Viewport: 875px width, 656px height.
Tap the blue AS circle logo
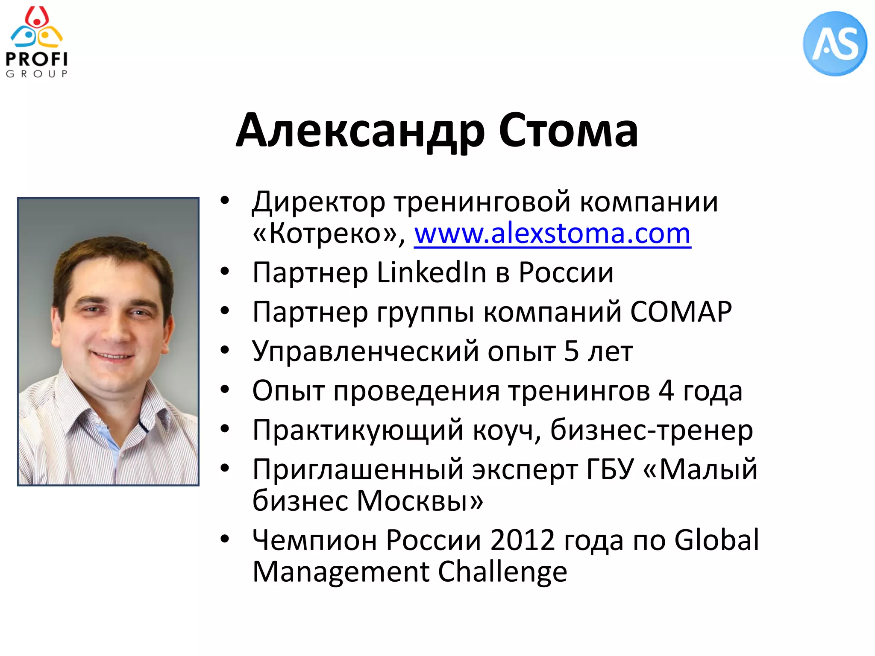pos(835,44)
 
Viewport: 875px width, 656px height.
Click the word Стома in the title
pos(568,130)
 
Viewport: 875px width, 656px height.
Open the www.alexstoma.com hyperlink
pos(552,234)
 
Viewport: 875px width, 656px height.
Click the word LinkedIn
pos(432,272)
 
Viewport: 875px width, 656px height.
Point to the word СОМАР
pos(681,312)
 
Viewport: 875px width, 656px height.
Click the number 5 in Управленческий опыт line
pos(571,351)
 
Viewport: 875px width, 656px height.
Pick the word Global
pos(716,540)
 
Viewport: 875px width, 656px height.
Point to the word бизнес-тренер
pos(651,430)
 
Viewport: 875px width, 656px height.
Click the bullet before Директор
pos(225,201)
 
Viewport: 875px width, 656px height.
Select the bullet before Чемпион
pos(225,539)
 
